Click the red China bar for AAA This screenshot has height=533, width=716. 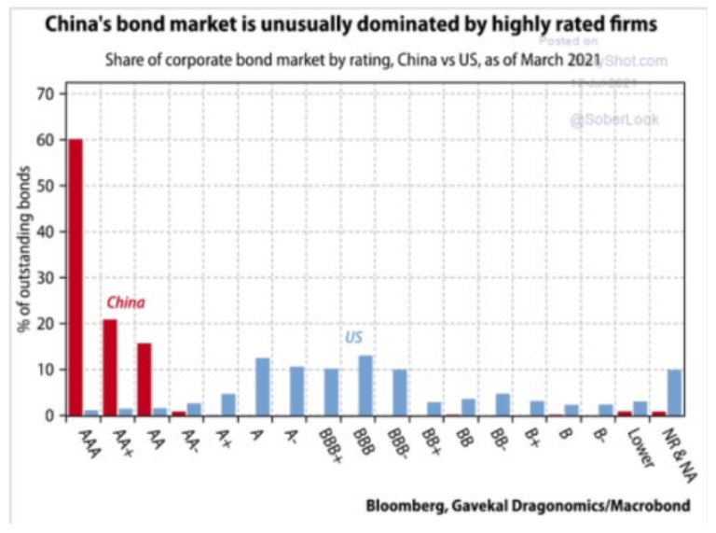pos(75,277)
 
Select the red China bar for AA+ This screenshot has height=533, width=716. pos(109,367)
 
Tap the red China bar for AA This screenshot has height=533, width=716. pos(144,379)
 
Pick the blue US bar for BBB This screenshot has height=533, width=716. pos(365,386)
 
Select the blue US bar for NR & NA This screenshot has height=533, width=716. pos(674,392)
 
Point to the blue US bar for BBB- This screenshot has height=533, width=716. pos(400,392)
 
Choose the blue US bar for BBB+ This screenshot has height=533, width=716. pos(331,391)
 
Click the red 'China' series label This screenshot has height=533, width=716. pos(125,302)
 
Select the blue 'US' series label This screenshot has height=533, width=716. pos(353,338)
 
